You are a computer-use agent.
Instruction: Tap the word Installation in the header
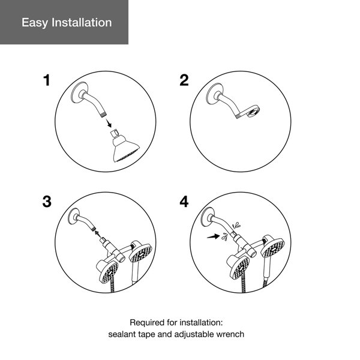point(81,23)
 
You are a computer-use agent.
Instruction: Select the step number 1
point(47,80)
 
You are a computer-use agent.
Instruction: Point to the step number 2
point(184,80)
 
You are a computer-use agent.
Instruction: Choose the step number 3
point(47,201)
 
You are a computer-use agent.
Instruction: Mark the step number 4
point(184,201)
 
